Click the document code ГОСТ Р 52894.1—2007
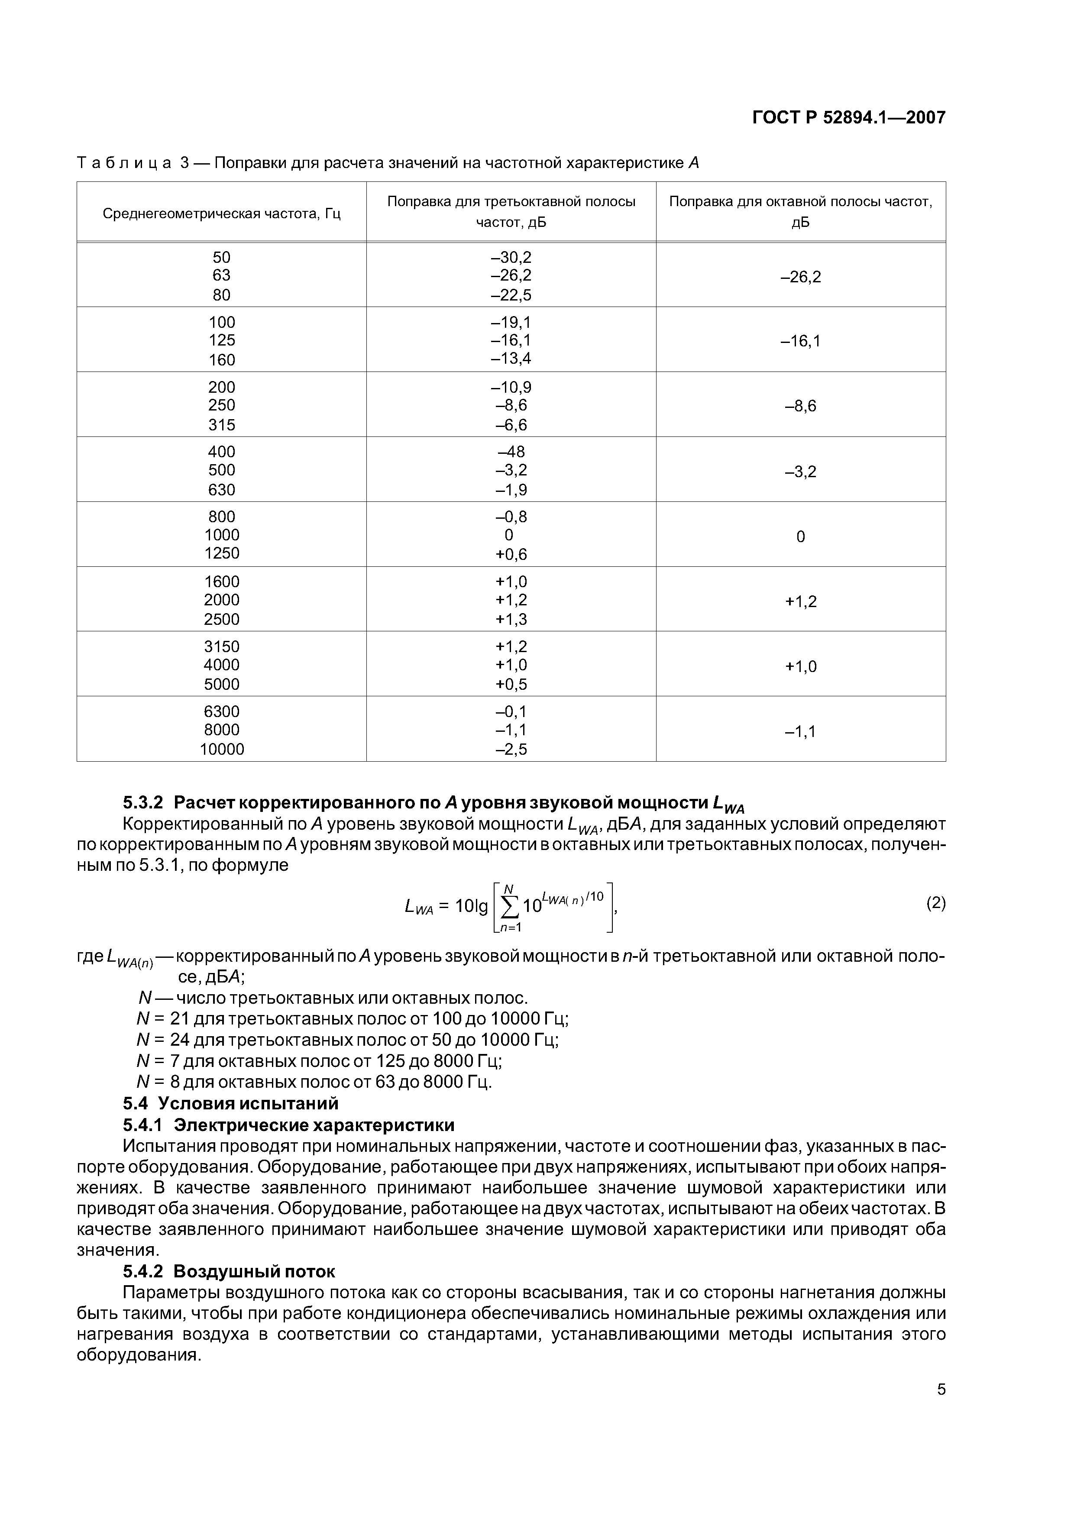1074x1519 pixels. (x=848, y=118)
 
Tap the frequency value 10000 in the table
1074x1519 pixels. (x=222, y=749)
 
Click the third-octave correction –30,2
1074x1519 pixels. (x=511, y=257)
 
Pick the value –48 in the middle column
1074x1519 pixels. (x=511, y=452)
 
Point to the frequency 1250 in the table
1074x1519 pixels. (x=222, y=553)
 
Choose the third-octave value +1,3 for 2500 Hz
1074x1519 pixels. (x=511, y=619)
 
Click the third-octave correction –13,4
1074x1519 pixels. (x=511, y=359)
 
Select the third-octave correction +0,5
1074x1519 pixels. (x=511, y=684)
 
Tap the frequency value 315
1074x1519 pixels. (x=222, y=425)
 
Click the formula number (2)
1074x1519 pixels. (x=935, y=903)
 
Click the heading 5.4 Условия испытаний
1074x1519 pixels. (x=230, y=1103)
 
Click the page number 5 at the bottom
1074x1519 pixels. (x=941, y=1390)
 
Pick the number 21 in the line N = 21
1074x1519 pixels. (x=179, y=1018)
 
